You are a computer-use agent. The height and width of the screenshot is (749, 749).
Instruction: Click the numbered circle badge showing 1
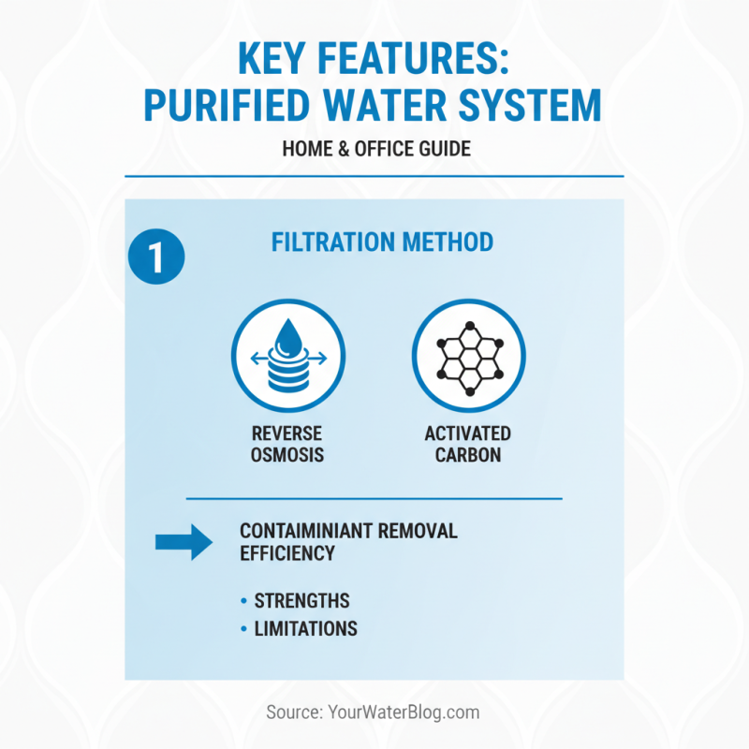coord(155,255)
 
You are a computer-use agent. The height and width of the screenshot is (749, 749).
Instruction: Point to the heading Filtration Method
coord(382,242)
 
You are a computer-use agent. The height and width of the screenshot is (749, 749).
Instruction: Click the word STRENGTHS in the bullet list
coord(301,601)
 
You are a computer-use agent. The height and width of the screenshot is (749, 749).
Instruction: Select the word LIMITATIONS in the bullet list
coord(305,628)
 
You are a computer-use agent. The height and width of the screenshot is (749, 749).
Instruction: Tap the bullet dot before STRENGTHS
coord(245,601)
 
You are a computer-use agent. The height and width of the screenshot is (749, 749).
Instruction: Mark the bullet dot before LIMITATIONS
coord(245,629)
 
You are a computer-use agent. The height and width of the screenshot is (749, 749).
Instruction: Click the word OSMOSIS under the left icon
coord(286,456)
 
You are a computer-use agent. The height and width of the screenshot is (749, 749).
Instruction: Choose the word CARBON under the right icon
coord(468,456)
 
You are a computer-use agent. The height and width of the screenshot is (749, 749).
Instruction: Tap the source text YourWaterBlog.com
coord(404,712)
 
